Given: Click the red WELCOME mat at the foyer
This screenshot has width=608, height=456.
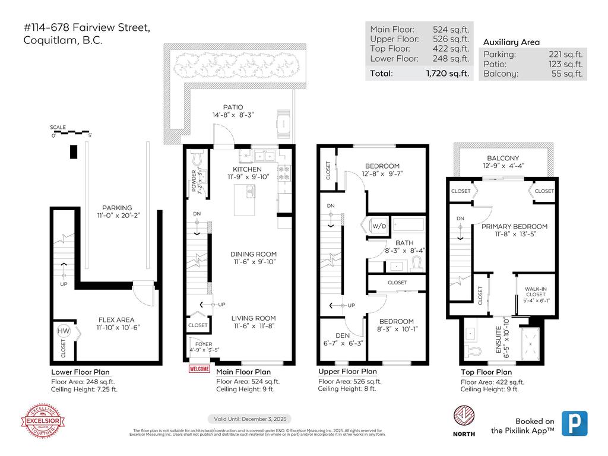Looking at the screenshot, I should [x=199, y=369].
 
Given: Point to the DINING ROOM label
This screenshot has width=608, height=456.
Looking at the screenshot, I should [x=254, y=254].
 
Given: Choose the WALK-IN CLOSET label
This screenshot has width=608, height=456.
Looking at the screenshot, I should [x=536, y=292].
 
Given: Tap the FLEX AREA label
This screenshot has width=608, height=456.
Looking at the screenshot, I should [x=118, y=318].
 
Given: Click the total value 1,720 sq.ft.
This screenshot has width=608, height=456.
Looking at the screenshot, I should [x=447, y=74].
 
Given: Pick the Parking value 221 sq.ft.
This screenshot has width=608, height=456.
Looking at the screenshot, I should [x=565, y=55].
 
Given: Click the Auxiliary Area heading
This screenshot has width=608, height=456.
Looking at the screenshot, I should [x=511, y=42].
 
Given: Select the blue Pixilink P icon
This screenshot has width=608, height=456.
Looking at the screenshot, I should [x=574, y=423].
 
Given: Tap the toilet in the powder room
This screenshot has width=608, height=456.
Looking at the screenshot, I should [x=198, y=160].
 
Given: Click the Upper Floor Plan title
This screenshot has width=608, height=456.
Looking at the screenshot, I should [x=347, y=372].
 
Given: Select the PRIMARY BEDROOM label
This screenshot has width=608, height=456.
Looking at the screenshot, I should [x=514, y=226].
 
